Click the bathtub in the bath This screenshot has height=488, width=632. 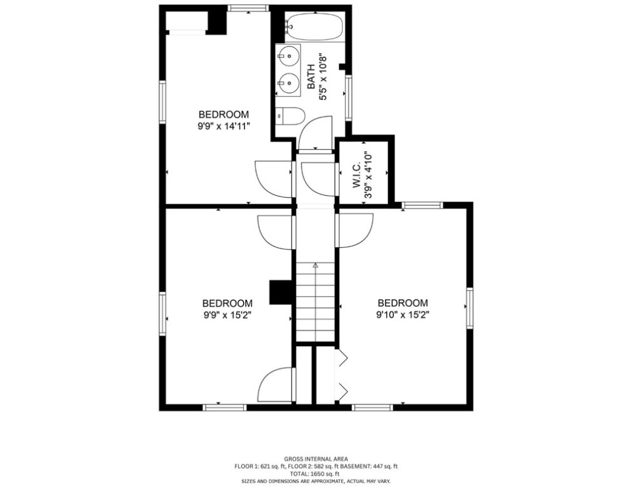click(314, 27)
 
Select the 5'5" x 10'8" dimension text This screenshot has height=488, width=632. click(323, 77)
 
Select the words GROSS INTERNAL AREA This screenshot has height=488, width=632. click(316, 459)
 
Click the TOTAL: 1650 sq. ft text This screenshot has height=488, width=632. click(316, 474)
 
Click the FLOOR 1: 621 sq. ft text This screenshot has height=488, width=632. click(260, 466)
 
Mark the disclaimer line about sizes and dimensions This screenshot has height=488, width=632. click(316, 481)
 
